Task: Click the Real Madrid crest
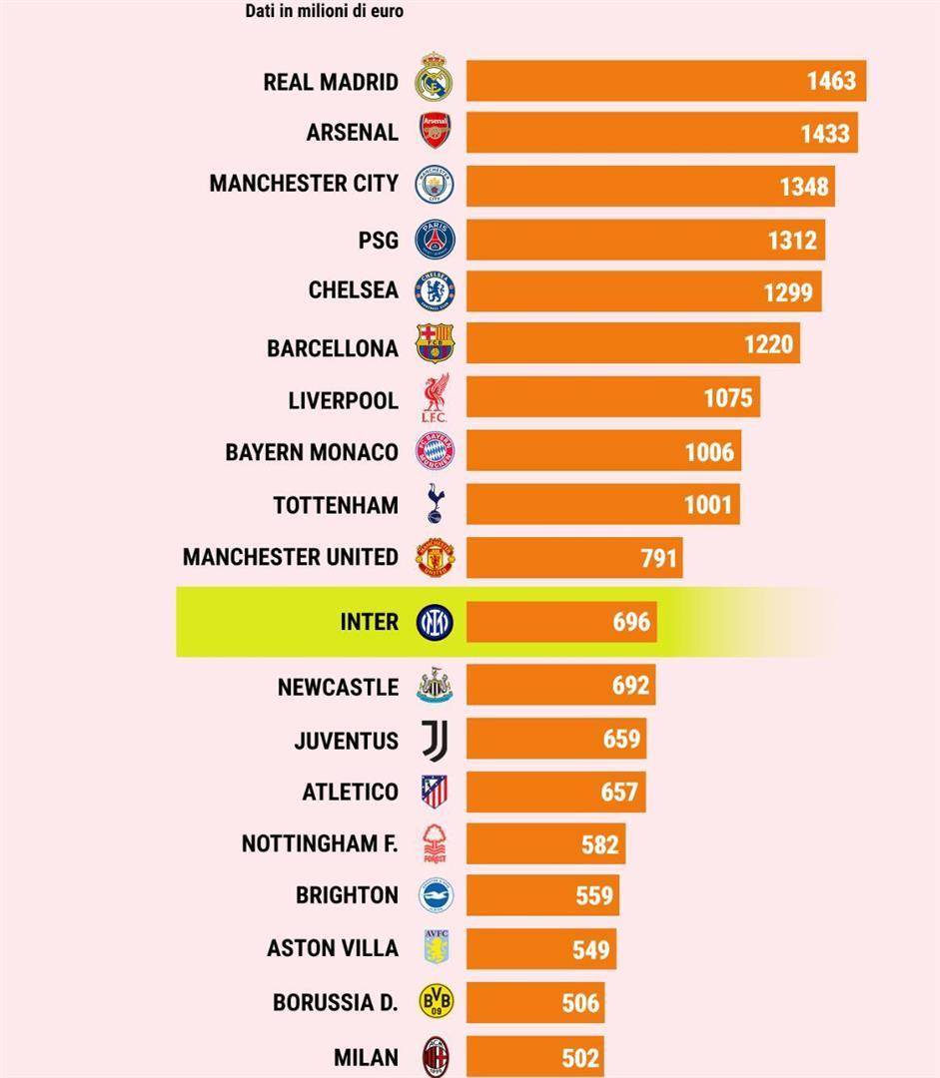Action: pyautogui.click(x=435, y=80)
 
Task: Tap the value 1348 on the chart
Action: pyautogui.click(x=803, y=186)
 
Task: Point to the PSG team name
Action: pyautogui.click(x=378, y=240)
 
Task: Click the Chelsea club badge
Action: pyautogui.click(x=435, y=290)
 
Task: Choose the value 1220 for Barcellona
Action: pyautogui.click(x=768, y=344)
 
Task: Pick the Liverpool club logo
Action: pyautogui.click(x=436, y=399)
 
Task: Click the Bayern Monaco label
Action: pyautogui.click(x=311, y=452)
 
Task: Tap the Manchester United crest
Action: pyautogui.click(x=436, y=557)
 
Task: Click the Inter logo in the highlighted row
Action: pyautogui.click(x=435, y=622)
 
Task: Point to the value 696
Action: pyautogui.click(x=631, y=623)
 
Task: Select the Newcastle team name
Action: pyautogui.click(x=338, y=688)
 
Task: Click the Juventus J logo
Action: pyautogui.click(x=436, y=740)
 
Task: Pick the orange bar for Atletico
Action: pyautogui.click(x=555, y=793)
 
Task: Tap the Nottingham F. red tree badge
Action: pyautogui.click(x=436, y=843)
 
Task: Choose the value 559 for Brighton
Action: pyautogui.click(x=594, y=896)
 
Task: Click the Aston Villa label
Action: pyautogui.click(x=332, y=948)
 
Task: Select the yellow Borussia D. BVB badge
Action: pyautogui.click(x=436, y=1001)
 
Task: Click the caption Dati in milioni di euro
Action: pyautogui.click(x=324, y=12)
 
